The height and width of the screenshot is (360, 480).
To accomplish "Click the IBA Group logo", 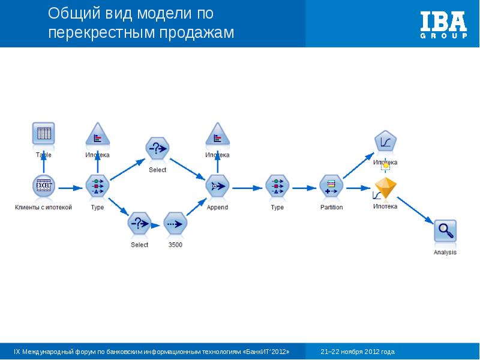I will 443,24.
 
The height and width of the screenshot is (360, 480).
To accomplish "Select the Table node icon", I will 43,134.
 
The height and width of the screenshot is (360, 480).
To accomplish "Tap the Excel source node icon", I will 43,187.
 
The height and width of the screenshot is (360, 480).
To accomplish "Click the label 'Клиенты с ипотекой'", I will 43,208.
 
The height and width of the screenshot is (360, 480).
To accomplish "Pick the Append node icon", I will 217,187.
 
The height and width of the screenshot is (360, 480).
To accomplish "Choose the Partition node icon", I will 331,187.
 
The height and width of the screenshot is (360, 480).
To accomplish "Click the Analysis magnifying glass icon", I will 445,231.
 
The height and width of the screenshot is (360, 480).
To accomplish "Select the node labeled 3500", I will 175,224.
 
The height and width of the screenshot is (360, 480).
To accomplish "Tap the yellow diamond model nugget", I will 385,188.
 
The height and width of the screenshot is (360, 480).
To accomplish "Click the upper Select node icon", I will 157,148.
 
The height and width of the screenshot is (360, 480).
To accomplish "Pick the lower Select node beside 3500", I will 139,224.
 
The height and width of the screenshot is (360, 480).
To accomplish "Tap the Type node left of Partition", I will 277,187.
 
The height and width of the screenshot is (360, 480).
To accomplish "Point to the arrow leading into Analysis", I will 415,210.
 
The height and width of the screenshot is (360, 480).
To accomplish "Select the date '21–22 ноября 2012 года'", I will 358,352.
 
